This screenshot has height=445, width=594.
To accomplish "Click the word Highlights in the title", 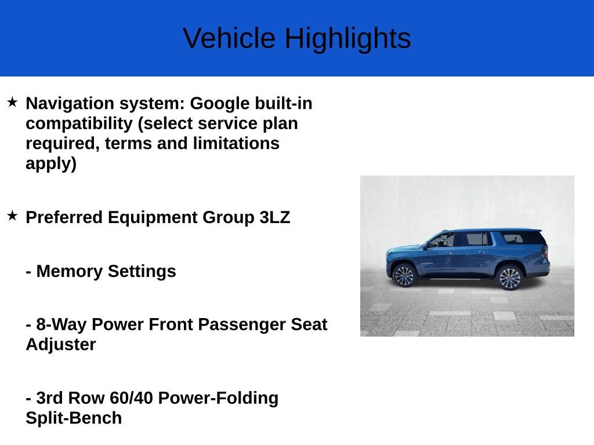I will pos(347,38).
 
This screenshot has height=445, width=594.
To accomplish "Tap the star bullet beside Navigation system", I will pos(12,103).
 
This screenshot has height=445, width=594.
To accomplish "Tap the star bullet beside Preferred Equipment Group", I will pos(12,217).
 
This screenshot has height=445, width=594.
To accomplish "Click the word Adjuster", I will pos(60,344).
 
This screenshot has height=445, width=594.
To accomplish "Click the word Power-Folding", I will pos(218,398).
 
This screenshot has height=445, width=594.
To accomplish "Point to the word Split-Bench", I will pos(74,418).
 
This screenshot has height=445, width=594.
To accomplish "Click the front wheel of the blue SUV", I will pos(404,275).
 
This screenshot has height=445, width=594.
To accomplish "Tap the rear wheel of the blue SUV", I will pos(510,278).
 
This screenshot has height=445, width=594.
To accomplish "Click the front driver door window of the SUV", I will pos(443,240).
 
